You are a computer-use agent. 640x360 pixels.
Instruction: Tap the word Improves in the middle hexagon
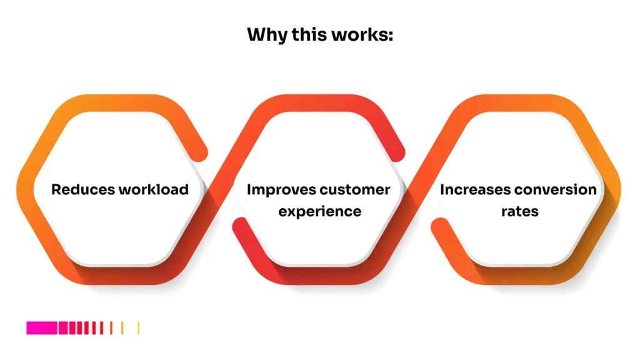280,189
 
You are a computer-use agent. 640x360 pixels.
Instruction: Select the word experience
320,211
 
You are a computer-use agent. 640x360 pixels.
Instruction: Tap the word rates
519,211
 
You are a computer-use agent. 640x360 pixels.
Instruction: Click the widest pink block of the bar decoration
41,327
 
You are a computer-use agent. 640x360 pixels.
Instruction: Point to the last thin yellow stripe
138,327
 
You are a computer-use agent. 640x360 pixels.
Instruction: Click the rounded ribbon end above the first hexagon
199,150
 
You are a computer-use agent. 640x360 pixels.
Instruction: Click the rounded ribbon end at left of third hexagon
440,226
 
